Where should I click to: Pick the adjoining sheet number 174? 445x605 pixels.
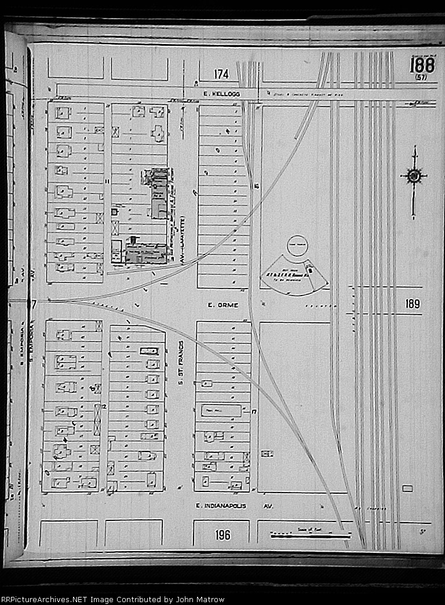[x=221, y=74]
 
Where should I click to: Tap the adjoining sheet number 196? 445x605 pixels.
[x=222, y=534]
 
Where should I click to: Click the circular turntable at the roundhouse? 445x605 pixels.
[x=297, y=245]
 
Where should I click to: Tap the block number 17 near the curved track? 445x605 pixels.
[x=254, y=411]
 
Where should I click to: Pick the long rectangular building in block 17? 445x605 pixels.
[x=220, y=411]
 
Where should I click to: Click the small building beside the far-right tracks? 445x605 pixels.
[x=407, y=489]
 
